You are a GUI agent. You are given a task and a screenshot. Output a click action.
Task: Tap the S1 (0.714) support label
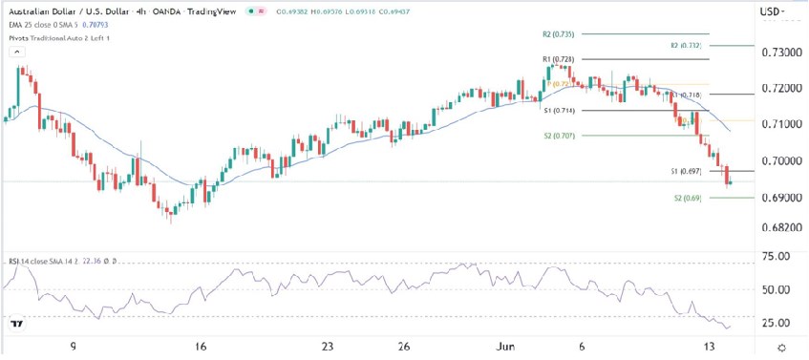coord(557,111)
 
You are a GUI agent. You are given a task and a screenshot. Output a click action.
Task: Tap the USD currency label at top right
coord(767,12)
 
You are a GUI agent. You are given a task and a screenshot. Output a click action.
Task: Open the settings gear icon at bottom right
coord(781,348)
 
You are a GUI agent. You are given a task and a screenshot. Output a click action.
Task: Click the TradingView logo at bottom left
coord(16,325)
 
